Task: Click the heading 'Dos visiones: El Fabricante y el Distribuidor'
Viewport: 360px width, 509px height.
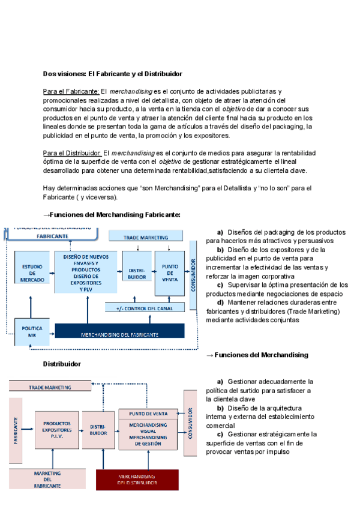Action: pyautogui.click(x=112, y=74)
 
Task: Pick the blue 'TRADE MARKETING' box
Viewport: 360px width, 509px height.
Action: pyautogui.click(x=147, y=238)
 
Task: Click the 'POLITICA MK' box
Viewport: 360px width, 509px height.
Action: pyautogui.click(x=32, y=332)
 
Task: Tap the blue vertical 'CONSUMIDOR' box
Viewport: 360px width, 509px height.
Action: pyautogui.click(x=193, y=275)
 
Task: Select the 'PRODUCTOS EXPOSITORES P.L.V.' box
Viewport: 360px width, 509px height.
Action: pyautogui.click(x=57, y=430)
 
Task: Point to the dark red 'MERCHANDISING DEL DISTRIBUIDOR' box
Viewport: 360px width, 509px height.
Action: pyautogui.click(x=137, y=480)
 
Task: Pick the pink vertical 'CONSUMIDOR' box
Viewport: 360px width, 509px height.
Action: pyautogui.click(x=190, y=424)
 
